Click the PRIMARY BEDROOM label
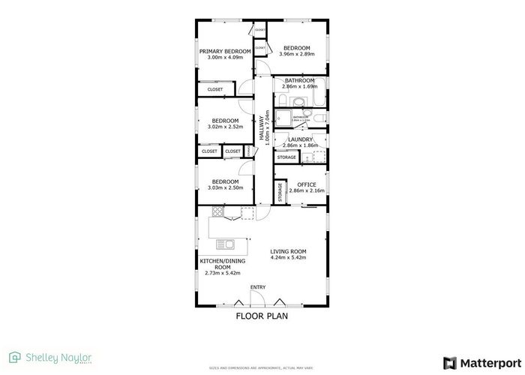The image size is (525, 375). coord(225,51)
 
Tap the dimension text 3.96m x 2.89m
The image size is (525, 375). coord(297,54)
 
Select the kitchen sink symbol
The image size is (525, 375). coord(225,244)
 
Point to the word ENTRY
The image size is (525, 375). coord(258,287)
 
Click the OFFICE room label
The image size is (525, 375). coord(307,184)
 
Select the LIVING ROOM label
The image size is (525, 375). coord(289,251)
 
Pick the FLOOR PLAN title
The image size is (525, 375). coord(262,316)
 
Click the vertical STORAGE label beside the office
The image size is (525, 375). coord(280,192)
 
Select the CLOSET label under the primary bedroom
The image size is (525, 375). coord(215,90)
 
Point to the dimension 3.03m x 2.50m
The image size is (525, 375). coord(225,187)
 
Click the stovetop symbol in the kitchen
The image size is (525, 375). coord(217,212)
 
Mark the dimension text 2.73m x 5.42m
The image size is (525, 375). coord(222,273)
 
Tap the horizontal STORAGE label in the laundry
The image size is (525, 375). coord(286,157)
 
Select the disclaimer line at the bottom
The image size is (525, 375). coord(262,368)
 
